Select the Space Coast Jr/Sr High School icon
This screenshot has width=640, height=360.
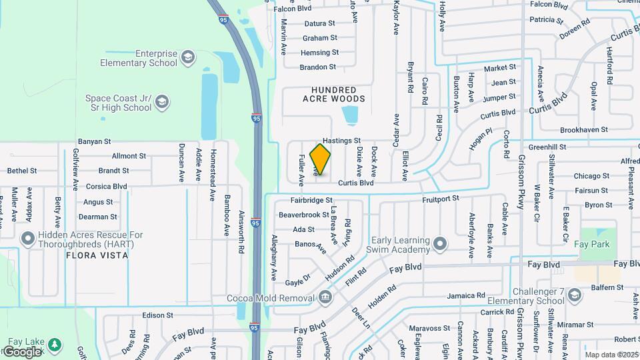(161, 102)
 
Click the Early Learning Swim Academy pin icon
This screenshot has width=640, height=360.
(439, 244)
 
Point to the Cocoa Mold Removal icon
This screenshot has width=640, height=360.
(325, 297)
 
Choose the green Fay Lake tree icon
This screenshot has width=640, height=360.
(54, 345)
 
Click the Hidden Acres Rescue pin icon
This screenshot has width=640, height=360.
(27, 238)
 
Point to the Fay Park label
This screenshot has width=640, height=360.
(591, 244)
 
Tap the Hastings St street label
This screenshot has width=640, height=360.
(341, 141)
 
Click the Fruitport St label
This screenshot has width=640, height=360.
(441, 198)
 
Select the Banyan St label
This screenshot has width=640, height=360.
(94, 141)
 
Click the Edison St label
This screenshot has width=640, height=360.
(157, 315)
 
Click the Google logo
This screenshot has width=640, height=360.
(22, 351)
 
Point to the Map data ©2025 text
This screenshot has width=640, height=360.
(611, 355)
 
